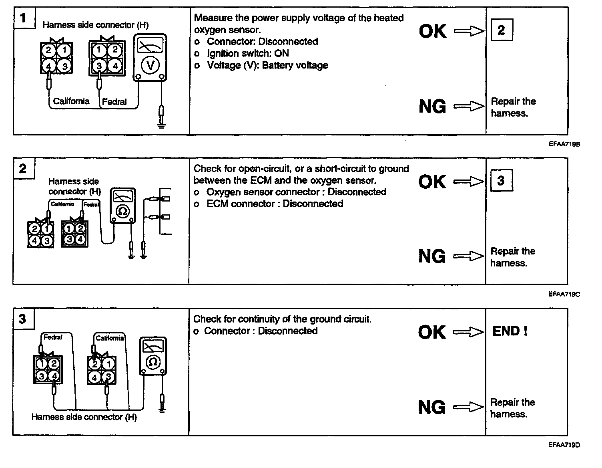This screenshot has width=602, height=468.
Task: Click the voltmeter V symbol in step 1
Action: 150,65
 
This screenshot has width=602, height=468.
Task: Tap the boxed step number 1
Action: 23,18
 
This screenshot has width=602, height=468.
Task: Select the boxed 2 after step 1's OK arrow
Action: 501,30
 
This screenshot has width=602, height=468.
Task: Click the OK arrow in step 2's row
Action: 468,182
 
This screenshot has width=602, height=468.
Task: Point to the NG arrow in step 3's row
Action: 468,407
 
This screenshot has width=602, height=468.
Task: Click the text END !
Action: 510,331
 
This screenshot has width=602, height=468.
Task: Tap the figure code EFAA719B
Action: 564,144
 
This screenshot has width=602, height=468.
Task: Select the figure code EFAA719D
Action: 564,445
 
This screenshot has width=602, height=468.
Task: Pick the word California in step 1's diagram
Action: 71,101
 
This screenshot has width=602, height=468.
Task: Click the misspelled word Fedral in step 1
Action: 114,102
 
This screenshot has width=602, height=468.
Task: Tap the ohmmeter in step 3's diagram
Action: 153,356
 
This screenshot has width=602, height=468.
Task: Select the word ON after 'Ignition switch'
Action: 281,53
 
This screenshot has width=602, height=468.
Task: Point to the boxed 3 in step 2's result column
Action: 501,181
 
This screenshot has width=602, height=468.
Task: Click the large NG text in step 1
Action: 432,107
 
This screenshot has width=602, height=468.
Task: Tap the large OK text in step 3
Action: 431,332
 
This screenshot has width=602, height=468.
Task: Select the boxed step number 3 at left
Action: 22,319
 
